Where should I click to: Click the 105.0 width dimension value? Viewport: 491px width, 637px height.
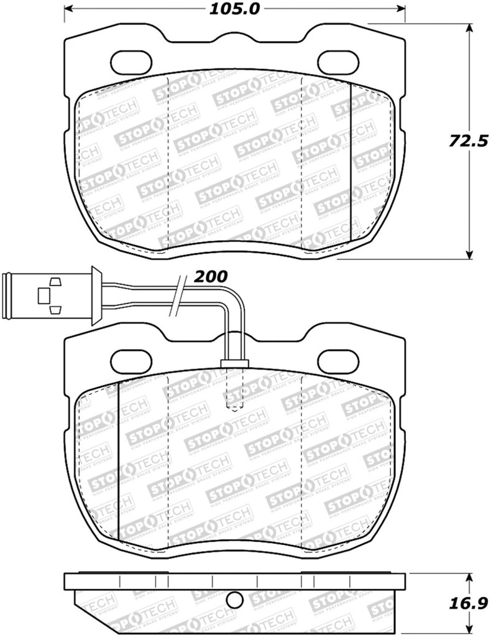coord(236,9)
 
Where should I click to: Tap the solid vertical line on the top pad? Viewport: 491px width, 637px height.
coord(351,159)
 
